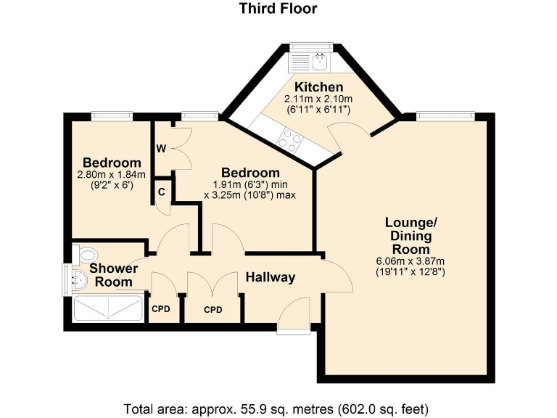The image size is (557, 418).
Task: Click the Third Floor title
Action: click(x=278, y=8)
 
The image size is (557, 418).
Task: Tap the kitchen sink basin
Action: click(x=321, y=62)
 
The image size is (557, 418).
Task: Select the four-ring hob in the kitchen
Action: click(x=290, y=139)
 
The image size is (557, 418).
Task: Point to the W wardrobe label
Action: click(x=161, y=149)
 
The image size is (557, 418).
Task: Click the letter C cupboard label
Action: click(x=162, y=192)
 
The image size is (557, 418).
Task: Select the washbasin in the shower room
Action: click(x=79, y=279)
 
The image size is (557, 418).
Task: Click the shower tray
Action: click(x=108, y=308)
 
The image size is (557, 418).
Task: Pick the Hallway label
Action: click(x=271, y=277)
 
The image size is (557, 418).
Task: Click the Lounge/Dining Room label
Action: click(x=410, y=236)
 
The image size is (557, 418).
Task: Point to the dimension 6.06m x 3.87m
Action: click(x=410, y=261)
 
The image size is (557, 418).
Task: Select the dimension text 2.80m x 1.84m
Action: click(x=111, y=174)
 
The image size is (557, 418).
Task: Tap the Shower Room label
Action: click(x=114, y=275)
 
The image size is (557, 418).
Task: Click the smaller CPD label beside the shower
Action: click(x=161, y=308)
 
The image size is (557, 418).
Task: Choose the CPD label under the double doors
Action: click(x=213, y=310)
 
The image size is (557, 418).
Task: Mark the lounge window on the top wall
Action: click(x=445, y=116)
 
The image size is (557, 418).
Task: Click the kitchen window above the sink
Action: click(x=311, y=46)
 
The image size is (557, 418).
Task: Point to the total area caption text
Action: click(x=276, y=409)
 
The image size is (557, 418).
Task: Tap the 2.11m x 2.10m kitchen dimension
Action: click(x=318, y=99)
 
